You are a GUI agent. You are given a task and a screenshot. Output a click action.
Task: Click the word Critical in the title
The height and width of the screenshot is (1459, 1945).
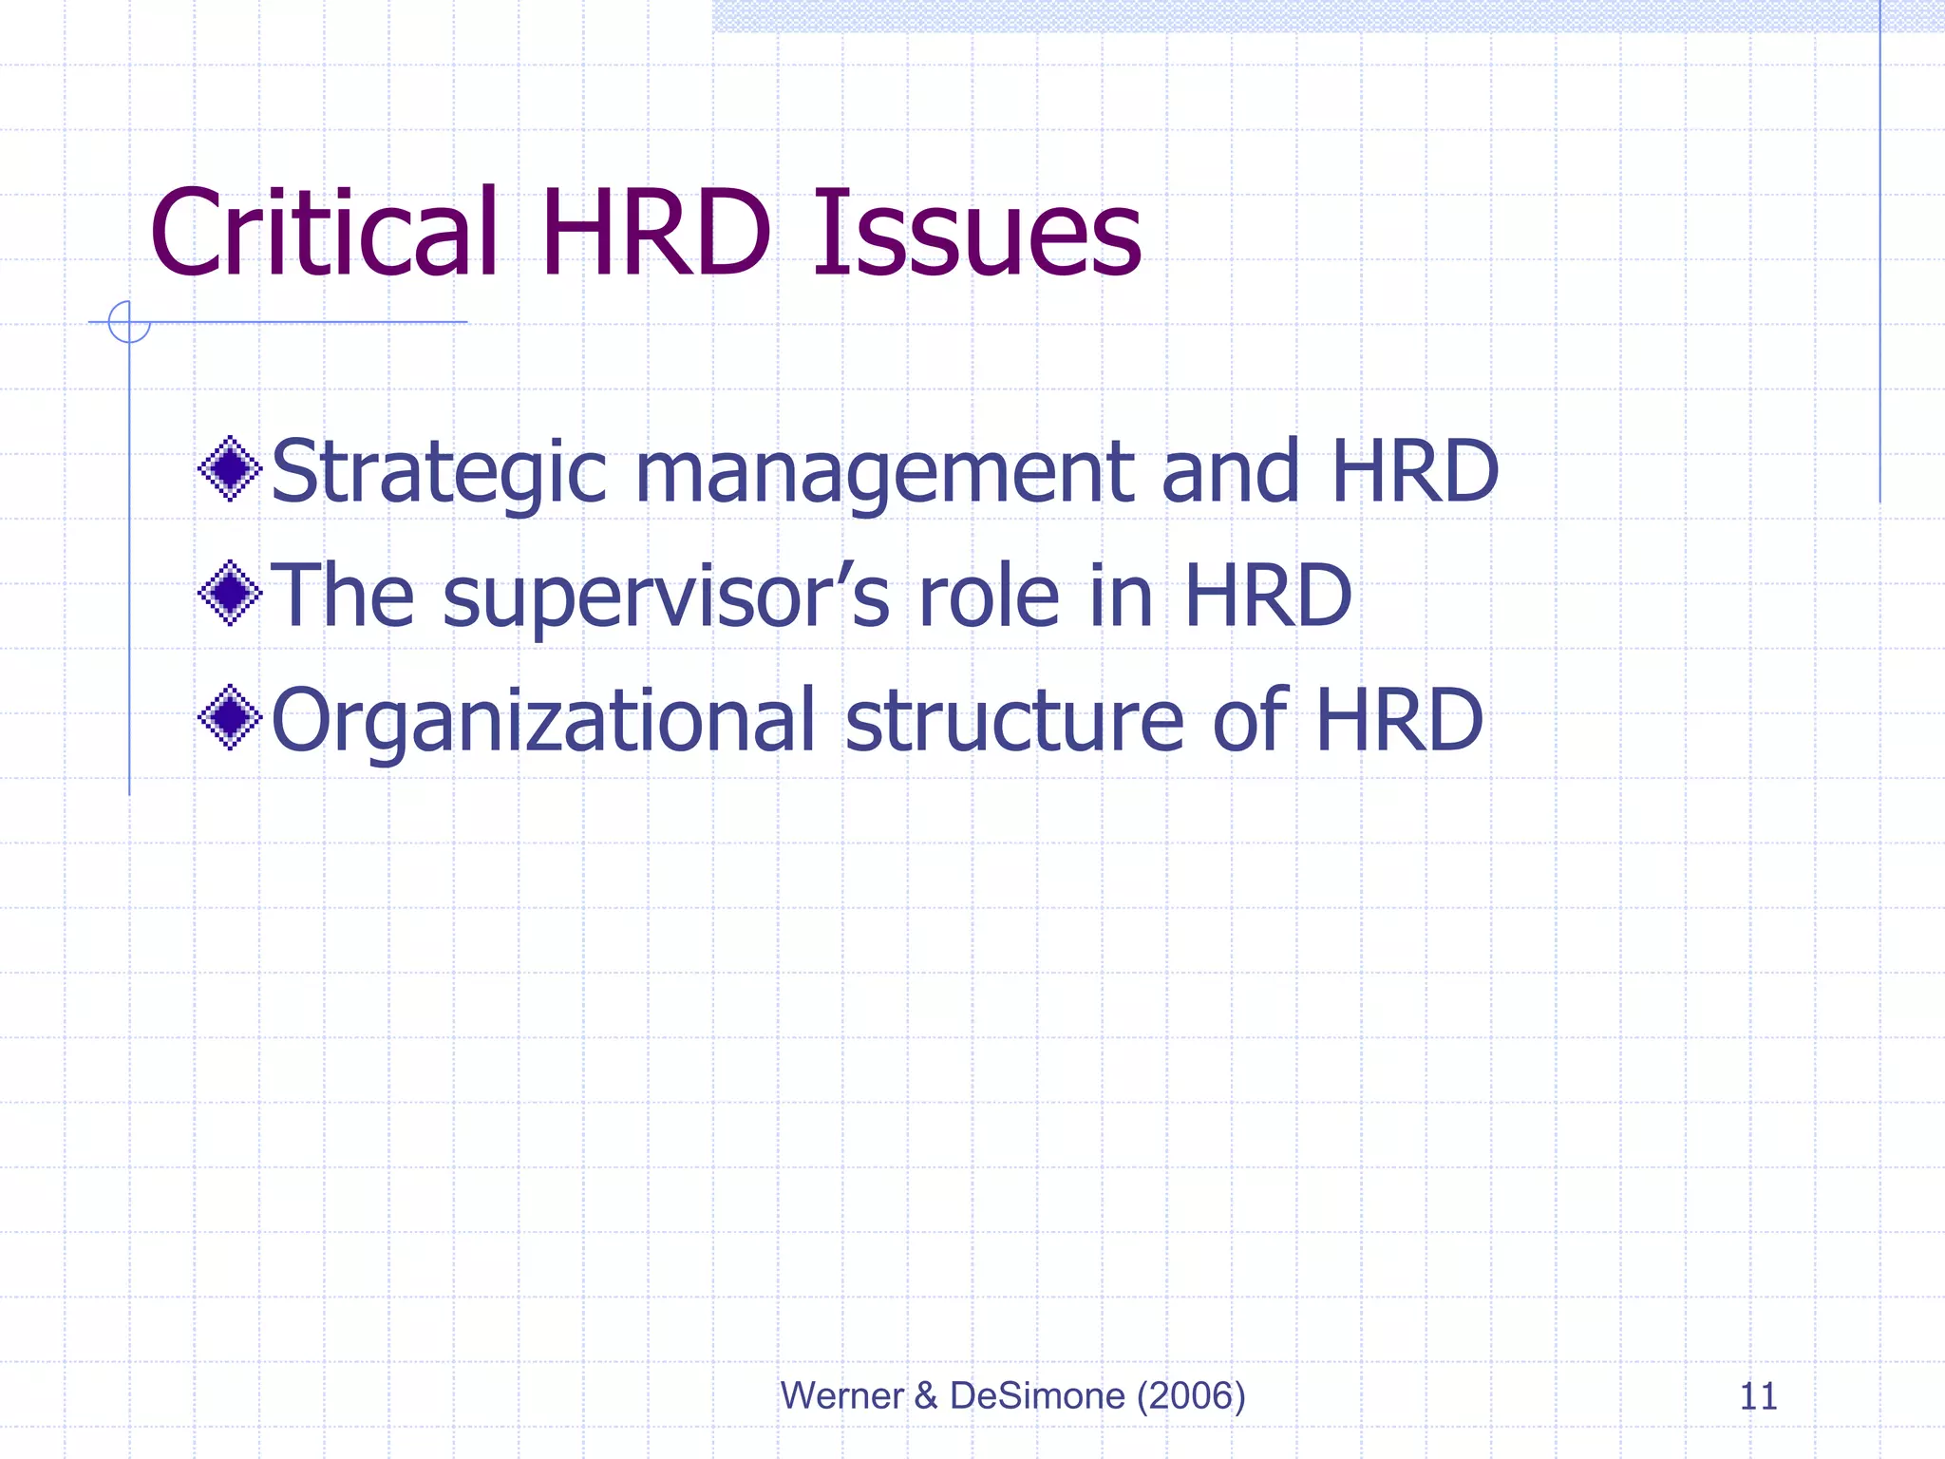click(x=324, y=234)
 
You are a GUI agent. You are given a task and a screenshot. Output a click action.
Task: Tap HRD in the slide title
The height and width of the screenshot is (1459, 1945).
click(x=656, y=234)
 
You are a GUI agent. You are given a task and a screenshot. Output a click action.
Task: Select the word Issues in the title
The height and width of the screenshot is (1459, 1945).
click(x=976, y=234)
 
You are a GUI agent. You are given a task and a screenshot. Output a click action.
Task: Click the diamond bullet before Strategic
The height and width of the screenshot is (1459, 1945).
click(x=230, y=468)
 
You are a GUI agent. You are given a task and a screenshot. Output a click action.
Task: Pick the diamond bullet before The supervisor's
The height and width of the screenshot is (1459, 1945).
click(x=230, y=593)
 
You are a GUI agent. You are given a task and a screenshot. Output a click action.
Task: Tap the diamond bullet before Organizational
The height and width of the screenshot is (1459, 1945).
click(x=230, y=717)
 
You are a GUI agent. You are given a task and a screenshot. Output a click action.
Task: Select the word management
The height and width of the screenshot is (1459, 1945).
click(x=884, y=472)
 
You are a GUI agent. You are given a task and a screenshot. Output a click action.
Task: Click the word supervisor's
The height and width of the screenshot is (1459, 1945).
click(x=666, y=597)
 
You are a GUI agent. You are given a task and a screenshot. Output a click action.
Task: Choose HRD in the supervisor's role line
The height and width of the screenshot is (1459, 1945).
click(x=1268, y=595)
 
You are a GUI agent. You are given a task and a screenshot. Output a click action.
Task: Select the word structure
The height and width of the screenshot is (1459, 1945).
click(x=1014, y=719)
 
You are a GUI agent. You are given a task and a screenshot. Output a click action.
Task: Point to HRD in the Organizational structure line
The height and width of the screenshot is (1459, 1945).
click(x=1399, y=719)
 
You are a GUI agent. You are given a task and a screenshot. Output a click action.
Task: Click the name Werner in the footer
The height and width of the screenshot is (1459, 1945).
click(x=841, y=1395)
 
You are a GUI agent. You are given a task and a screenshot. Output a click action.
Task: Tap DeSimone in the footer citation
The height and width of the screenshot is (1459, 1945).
click(x=1037, y=1395)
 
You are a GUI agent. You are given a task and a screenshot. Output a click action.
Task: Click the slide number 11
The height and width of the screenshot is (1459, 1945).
click(x=1758, y=1396)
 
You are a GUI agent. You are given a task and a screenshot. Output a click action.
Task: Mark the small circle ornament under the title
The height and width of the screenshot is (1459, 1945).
click(x=129, y=321)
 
